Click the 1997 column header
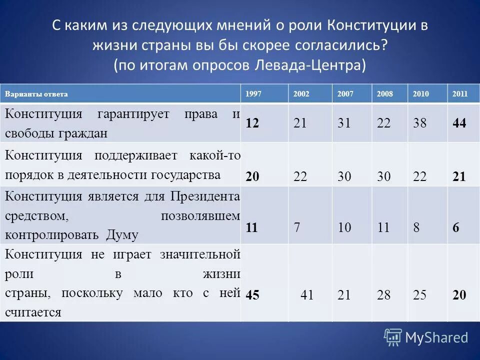[252, 94]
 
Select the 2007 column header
[344, 94]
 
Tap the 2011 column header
[459, 94]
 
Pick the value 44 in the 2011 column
[459, 123]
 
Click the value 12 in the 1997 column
[252, 123]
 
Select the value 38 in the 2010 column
[420, 123]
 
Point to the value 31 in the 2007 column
[344, 123]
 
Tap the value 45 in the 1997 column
[252, 295]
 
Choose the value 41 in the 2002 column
[307, 295]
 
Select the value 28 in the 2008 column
[384, 295]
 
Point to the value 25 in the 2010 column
[420, 295]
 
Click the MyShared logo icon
[393, 337]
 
